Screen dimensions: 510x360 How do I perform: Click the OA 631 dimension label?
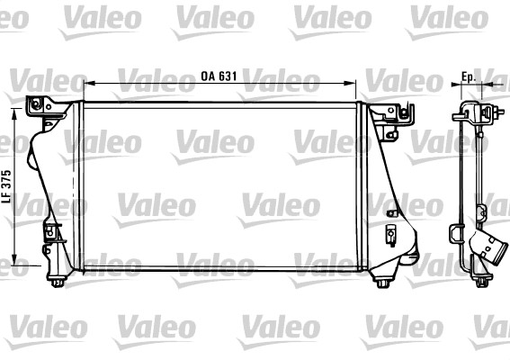[219, 76]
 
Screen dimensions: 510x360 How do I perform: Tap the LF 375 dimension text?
[7, 186]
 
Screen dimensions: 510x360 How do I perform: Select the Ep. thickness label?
[469, 76]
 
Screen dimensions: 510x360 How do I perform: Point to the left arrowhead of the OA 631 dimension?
[88, 84]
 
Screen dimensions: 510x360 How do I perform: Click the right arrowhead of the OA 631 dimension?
[351, 84]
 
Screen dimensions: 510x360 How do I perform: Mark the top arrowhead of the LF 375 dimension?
[14, 113]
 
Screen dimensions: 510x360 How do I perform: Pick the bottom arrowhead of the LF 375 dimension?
[14, 260]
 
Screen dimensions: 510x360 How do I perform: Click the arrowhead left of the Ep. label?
[457, 85]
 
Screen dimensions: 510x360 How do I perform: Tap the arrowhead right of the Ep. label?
[487, 85]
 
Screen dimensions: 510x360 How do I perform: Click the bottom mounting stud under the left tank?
[58, 282]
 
